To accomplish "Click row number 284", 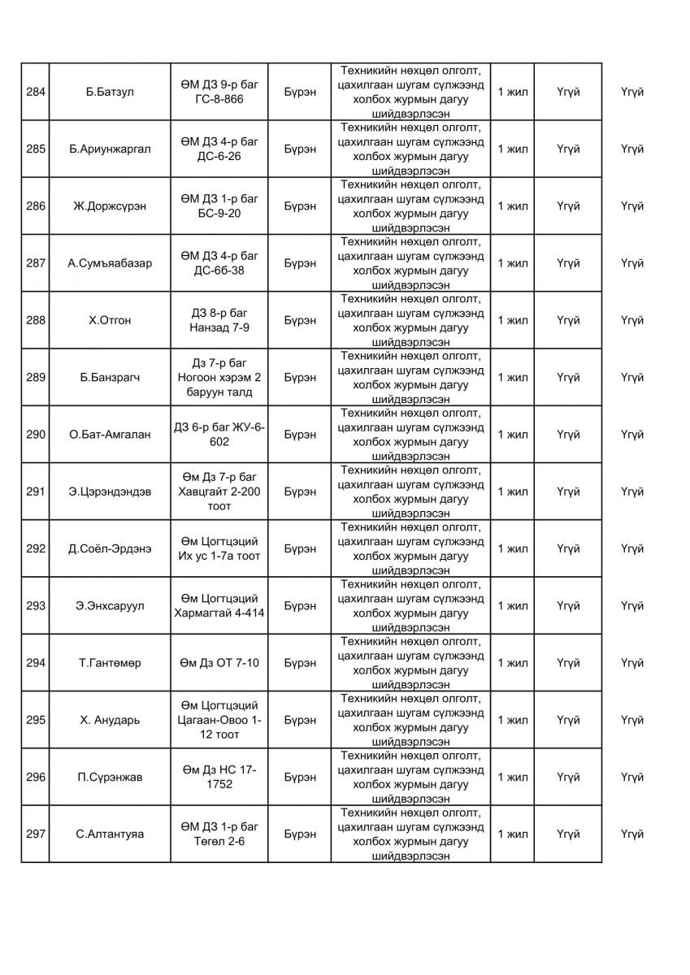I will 35,92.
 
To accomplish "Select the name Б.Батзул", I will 110,92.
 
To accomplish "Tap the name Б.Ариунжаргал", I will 110,149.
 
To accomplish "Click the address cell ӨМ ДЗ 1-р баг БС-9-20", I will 219,206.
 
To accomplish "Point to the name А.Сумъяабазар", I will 110,263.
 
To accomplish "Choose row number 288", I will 35,320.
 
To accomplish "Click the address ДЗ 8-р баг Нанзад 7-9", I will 219,320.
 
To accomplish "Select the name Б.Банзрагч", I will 110,378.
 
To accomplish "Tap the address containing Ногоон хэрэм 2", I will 219,378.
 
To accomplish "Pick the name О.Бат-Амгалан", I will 110,435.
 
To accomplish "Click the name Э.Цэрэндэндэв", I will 110,492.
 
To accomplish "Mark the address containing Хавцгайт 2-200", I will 219,492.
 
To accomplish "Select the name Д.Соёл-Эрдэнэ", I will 110,548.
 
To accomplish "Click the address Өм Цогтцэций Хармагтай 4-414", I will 219,606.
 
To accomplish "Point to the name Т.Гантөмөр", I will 110,663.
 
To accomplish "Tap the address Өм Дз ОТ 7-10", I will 219,663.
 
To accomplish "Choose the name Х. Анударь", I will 110,720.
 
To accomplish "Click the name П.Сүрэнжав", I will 110,778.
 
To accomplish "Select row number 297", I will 35,834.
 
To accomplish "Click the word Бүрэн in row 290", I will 301,435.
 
